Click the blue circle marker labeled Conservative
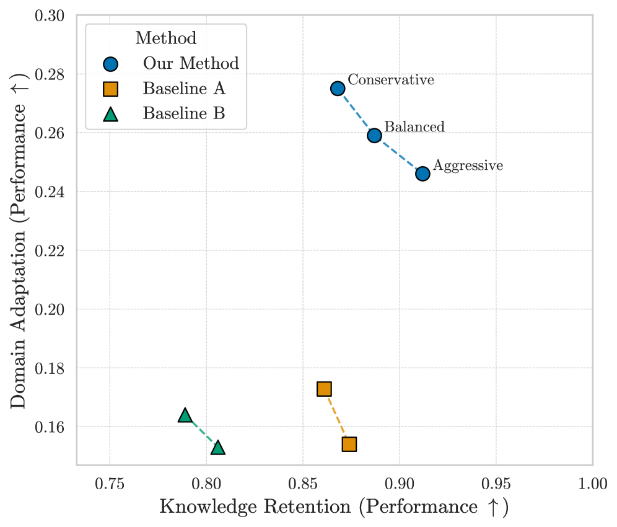click(338, 89)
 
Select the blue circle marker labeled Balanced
click(374, 135)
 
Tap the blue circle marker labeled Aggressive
click(422, 174)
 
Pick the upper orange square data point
click(324, 389)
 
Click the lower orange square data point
click(349, 444)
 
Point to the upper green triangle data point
click(185, 415)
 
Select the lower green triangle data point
click(217, 448)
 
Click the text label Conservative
click(390, 80)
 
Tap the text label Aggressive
click(468, 166)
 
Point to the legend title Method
click(166, 38)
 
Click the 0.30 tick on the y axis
click(53, 15)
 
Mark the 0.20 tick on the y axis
click(53, 309)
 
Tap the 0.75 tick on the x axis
click(110, 484)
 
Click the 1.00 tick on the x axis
click(593, 484)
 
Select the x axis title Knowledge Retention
click(334, 507)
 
